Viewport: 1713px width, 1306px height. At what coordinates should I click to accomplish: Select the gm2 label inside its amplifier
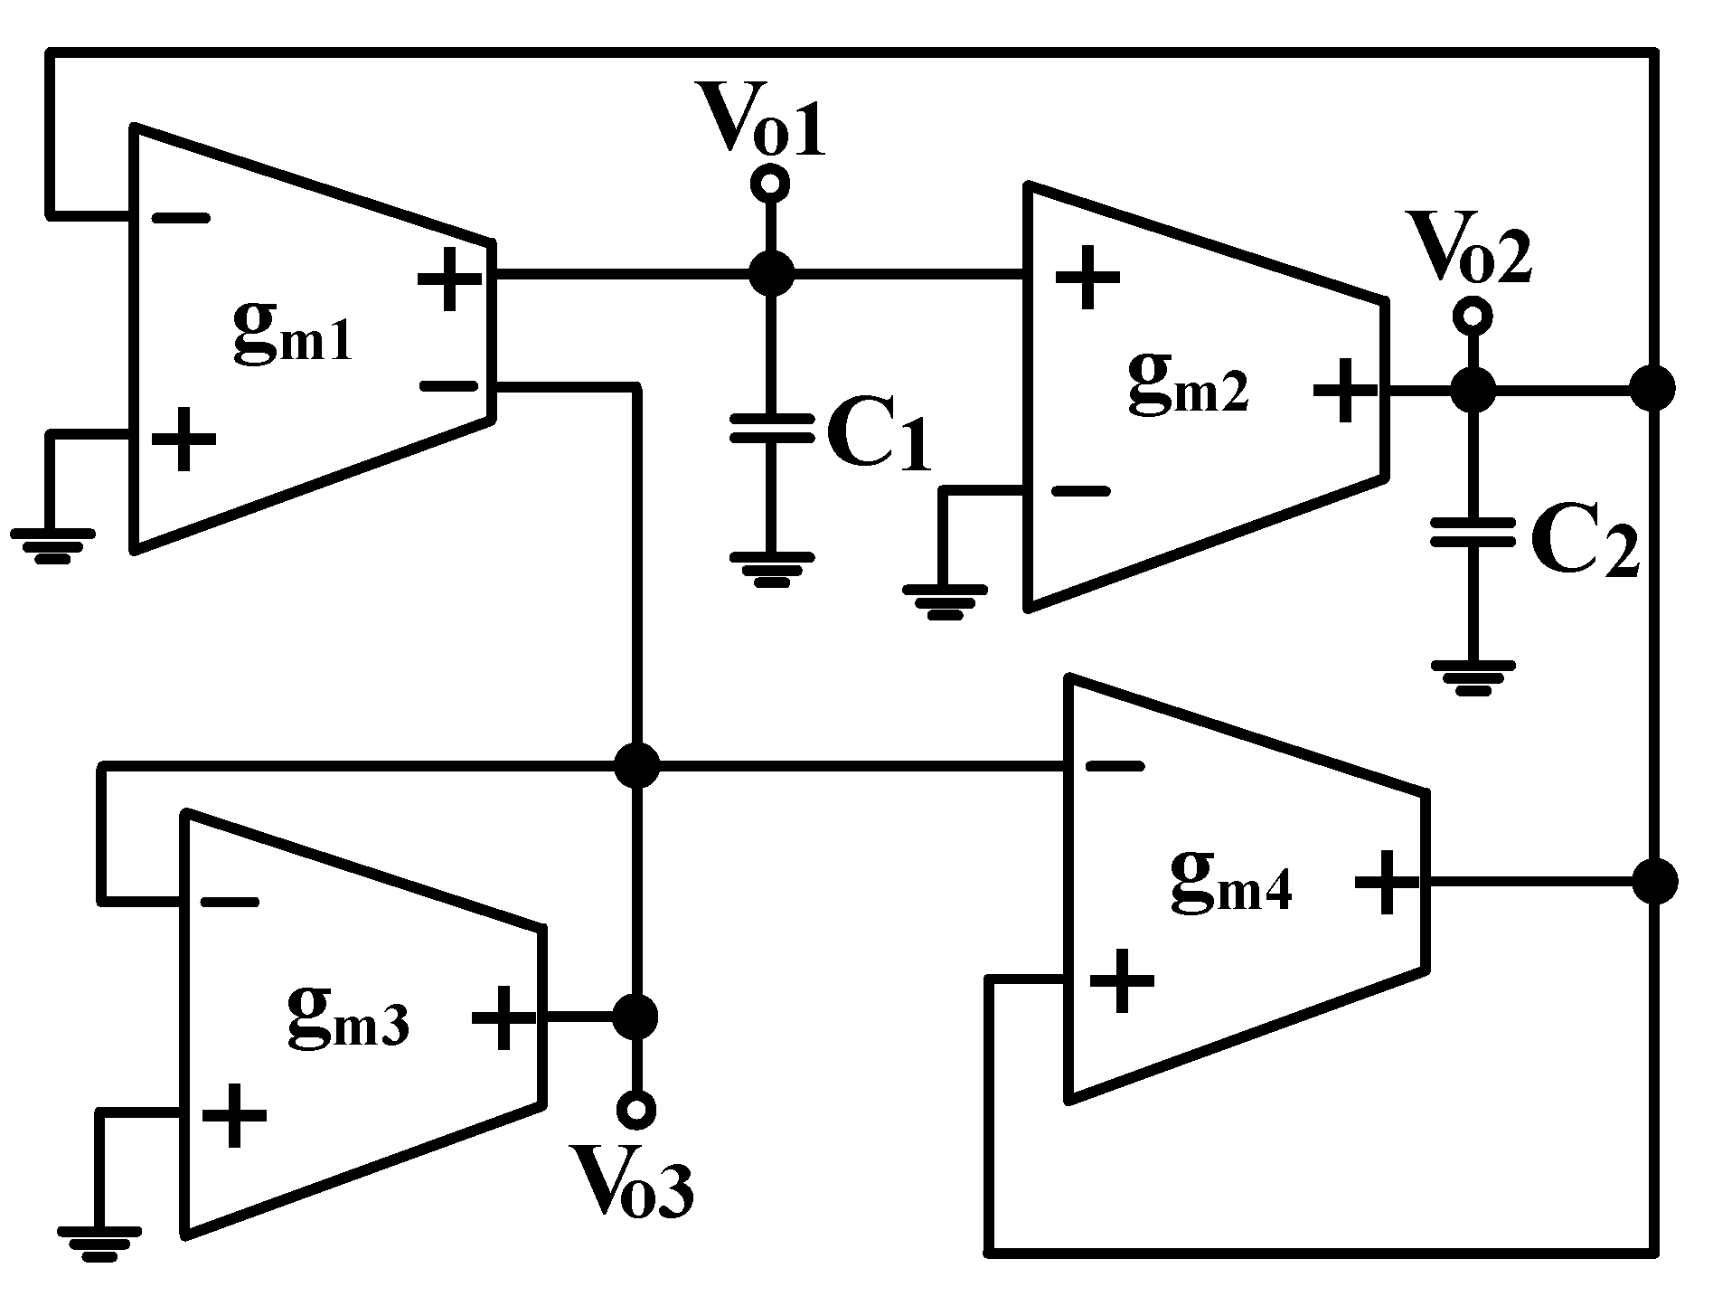1187,383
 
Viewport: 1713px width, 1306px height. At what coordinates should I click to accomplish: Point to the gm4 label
1230,881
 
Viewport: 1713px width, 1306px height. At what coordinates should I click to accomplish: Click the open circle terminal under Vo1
770,184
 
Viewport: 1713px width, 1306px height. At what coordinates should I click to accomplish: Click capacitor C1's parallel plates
771,427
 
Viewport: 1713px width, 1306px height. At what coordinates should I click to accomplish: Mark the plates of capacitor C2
1473,532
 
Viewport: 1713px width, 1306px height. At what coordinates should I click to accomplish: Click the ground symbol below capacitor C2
1473,677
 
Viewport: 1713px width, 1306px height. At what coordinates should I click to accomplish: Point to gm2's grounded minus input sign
1079,491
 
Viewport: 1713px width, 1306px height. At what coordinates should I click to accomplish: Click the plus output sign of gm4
1387,881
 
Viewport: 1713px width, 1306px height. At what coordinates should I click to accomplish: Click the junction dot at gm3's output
635,1017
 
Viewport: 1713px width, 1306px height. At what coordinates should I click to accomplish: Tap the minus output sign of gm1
448,386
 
